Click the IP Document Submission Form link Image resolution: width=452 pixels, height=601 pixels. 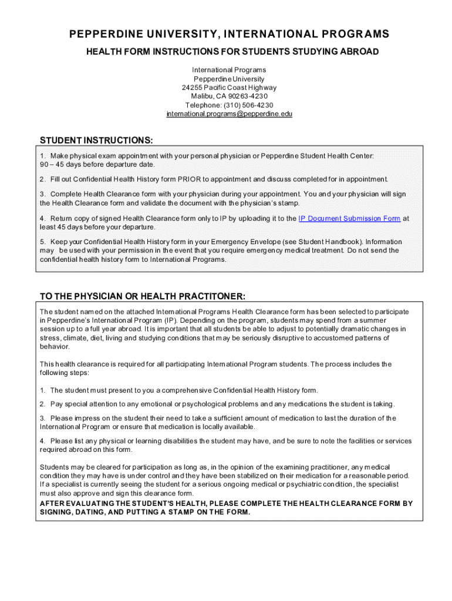click(x=349, y=218)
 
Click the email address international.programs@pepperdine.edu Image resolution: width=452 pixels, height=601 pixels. click(x=230, y=114)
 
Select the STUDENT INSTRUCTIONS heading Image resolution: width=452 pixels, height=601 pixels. click(x=96, y=140)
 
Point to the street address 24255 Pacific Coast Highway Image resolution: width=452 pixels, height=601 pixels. click(x=230, y=87)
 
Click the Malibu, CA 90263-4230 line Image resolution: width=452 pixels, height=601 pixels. click(x=230, y=96)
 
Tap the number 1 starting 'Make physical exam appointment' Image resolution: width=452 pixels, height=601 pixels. click(x=42, y=156)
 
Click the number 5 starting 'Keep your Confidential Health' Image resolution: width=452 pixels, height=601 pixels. click(x=42, y=242)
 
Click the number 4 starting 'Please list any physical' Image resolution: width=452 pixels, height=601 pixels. click(x=42, y=441)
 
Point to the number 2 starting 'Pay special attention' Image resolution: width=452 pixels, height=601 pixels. click(x=42, y=404)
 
